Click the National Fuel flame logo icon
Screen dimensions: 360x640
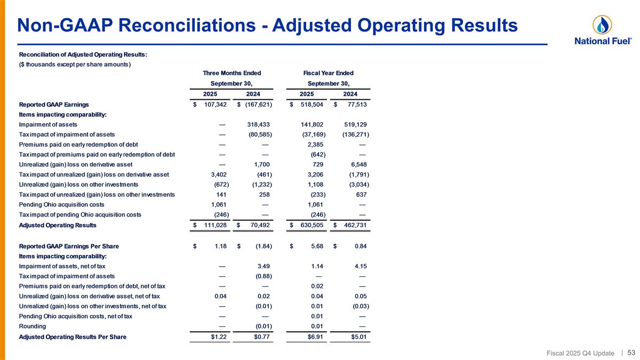[x=602, y=25]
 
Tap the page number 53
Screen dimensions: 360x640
[x=631, y=352]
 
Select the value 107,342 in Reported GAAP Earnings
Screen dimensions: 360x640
[x=215, y=105]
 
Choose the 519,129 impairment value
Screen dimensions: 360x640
[x=354, y=124]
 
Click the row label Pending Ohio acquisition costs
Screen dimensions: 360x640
[x=61, y=205]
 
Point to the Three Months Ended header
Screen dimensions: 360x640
[x=232, y=73]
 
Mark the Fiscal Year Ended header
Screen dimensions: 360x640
[x=329, y=73]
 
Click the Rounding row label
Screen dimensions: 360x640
[x=33, y=326]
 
